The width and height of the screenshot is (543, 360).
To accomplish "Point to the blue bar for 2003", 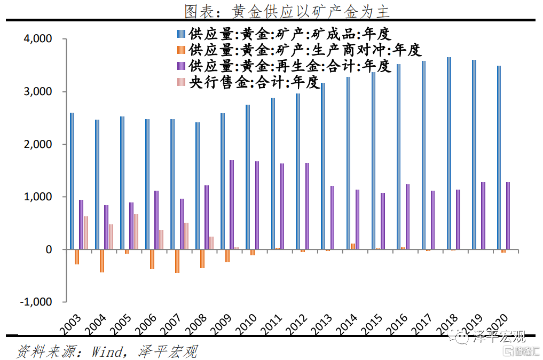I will click(x=72, y=181).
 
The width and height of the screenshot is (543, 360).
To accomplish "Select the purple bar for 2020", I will click(x=508, y=216).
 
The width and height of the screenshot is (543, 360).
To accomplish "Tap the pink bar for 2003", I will click(x=86, y=233).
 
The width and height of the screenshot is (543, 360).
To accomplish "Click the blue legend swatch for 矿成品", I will click(x=180, y=35).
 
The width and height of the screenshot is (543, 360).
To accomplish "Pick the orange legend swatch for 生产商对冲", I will click(x=180, y=50).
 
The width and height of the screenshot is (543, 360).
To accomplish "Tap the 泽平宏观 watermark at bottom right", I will click(x=499, y=336).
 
